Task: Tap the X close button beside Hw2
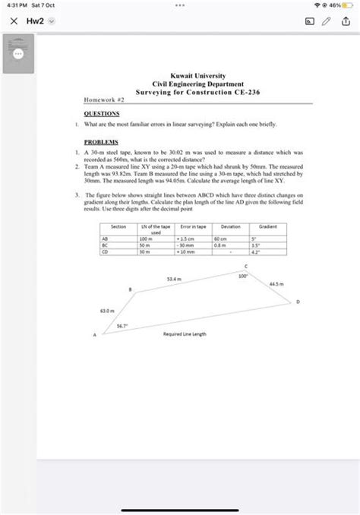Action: tap(12, 22)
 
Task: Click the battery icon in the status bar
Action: tap(348, 6)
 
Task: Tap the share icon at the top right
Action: tap(348, 22)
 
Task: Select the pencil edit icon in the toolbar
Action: tap(327, 22)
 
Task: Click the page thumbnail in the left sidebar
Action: tap(17, 54)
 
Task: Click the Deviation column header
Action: tap(231, 227)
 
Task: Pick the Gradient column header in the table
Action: tap(268, 227)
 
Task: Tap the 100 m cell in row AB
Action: tap(146, 239)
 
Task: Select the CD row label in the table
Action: tap(105, 252)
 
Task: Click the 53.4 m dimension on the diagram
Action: tap(173, 279)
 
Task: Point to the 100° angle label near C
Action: tap(242, 276)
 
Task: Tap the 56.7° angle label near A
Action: tap(122, 326)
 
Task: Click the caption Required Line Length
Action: tap(185, 333)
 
